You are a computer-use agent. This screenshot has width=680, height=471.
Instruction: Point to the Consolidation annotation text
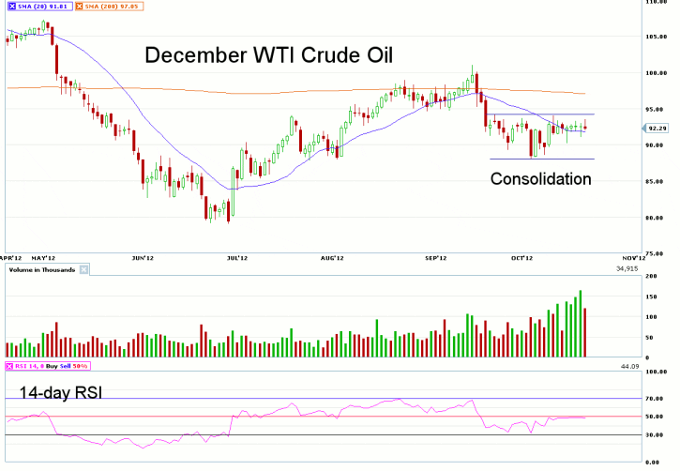point(541,177)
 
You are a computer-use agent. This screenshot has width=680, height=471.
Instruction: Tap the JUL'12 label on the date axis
point(237,256)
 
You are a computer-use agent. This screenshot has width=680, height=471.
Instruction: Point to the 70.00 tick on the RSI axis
point(656,399)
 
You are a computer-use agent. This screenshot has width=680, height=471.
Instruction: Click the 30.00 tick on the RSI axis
point(656,434)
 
